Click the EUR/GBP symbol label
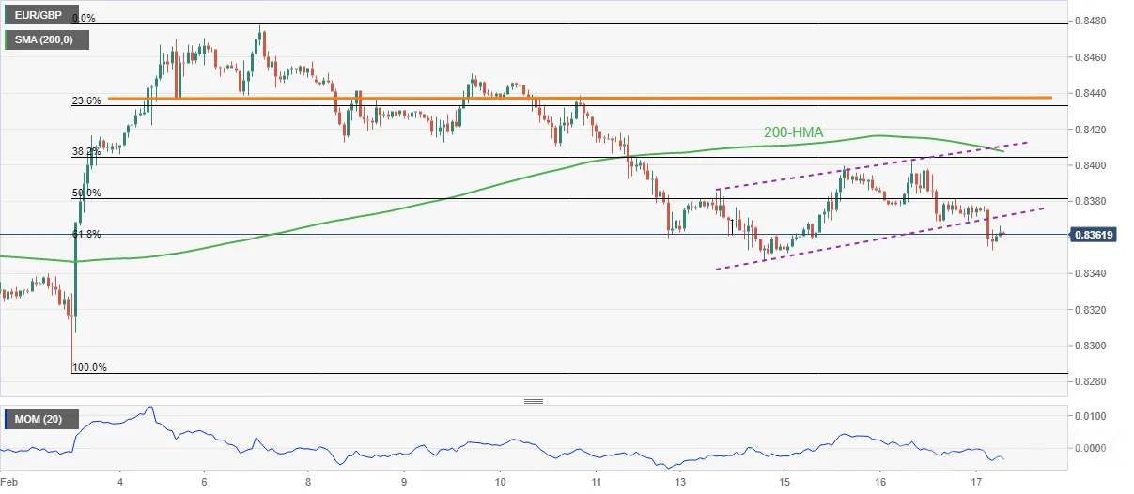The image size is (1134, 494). pyautogui.click(x=39, y=15)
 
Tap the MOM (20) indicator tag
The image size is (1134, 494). pyautogui.click(x=39, y=419)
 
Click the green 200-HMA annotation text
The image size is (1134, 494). pyautogui.click(x=793, y=132)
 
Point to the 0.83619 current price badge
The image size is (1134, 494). pyautogui.click(x=1094, y=235)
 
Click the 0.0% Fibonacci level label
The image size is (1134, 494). pyautogui.click(x=84, y=18)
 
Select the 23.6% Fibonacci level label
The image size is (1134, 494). pyautogui.click(x=86, y=100)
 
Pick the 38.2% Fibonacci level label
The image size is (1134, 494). pyautogui.click(x=86, y=151)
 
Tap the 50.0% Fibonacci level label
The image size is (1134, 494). pyautogui.click(x=86, y=193)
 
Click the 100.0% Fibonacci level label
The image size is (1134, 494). pyautogui.click(x=89, y=367)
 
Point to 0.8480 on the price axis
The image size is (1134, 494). pyautogui.click(x=1091, y=22)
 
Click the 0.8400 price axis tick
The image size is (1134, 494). pyautogui.click(x=1091, y=165)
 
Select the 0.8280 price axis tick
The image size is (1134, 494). pyautogui.click(x=1091, y=381)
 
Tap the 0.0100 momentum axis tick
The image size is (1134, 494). pyautogui.click(x=1091, y=416)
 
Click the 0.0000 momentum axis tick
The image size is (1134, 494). pyautogui.click(x=1091, y=448)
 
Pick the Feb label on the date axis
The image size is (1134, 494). pyautogui.click(x=9, y=482)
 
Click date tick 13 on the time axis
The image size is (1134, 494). pyautogui.click(x=680, y=482)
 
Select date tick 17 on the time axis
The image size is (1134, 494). pyautogui.click(x=976, y=482)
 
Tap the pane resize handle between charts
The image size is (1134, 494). pyautogui.click(x=534, y=401)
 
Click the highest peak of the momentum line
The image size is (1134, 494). pyautogui.click(x=149, y=407)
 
